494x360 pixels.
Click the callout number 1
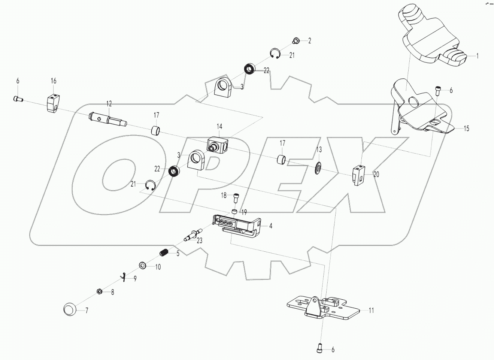tap(478, 56)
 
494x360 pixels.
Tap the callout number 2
tap(310, 41)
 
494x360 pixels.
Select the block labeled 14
tap(218, 144)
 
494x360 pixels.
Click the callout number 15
tap(466, 128)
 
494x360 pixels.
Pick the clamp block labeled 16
tap(53, 103)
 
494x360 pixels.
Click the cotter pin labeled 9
tap(125, 276)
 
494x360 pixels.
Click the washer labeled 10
tap(143, 266)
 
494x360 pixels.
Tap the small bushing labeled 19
tap(234, 212)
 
